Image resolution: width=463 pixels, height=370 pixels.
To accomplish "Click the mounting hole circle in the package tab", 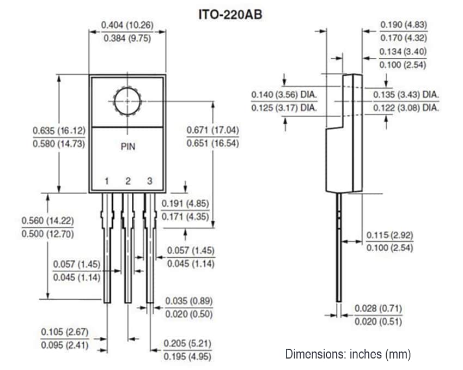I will [127, 101].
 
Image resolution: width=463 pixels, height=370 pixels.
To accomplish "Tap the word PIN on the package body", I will [127, 147].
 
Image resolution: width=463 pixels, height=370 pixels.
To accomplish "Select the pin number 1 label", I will [107, 181].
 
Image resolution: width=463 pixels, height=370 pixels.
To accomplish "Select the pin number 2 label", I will [127, 181].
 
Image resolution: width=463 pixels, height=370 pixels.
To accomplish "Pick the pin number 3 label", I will [148, 181].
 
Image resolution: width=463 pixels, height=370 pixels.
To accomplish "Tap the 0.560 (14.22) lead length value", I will [47, 221].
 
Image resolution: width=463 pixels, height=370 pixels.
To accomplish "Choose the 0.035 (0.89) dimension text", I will [188, 301].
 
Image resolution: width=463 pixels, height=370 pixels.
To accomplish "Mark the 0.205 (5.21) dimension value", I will [187, 343].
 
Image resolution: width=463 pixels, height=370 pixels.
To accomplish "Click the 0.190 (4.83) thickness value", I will [404, 25].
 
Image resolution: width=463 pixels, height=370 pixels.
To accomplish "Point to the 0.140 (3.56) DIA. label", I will [284, 95].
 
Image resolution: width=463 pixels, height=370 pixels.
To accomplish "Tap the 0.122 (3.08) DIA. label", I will [406, 108].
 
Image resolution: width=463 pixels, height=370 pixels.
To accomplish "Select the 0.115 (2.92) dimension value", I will [389, 235].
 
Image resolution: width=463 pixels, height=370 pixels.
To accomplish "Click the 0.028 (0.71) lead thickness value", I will [378, 308].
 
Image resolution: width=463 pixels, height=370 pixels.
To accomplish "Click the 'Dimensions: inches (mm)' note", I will [348, 354].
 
